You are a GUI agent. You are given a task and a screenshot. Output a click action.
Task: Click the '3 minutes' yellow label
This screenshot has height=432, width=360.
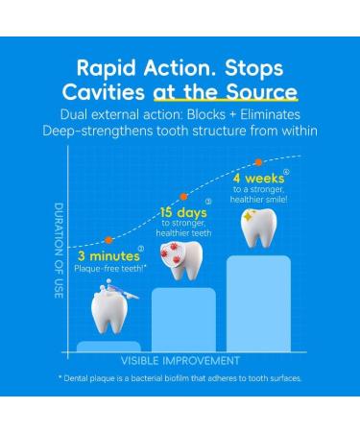click(x=106, y=256)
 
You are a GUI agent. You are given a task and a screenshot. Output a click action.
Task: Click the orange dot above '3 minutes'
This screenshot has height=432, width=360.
click(x=108, y=239)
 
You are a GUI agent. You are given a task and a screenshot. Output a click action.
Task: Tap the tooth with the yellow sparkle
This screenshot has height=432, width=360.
click(x=257, y=228)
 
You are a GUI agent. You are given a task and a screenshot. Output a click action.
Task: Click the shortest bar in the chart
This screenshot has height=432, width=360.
click(x=108, y=346)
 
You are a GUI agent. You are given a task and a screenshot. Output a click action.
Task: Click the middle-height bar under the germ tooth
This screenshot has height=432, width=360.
click(x=182, y=319)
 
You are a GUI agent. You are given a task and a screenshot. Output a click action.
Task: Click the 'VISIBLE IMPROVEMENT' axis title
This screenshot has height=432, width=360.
click(x=180, y=361)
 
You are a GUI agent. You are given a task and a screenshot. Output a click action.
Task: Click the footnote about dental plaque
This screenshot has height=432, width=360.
click(x=180, y=378)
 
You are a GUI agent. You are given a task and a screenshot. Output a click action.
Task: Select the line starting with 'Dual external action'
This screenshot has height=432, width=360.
click(x=180, y=115)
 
